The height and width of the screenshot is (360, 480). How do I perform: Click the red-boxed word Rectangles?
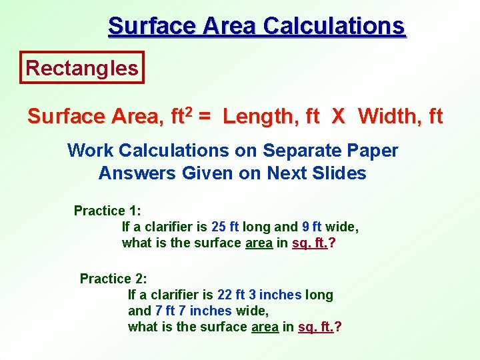tap(82, 67)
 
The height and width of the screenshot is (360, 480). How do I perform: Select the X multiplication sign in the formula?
tap(339, 117)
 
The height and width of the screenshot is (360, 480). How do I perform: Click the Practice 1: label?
tap(107, 211)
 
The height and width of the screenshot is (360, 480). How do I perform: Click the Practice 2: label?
tap(113, 279)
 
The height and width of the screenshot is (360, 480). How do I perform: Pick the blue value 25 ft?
tap(225, 227)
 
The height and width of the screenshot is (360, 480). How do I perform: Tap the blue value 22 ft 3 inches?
tap(259, 295)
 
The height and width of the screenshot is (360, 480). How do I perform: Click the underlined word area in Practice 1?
tap(259, 243)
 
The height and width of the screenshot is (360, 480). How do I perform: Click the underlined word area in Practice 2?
tap(265, 327)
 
